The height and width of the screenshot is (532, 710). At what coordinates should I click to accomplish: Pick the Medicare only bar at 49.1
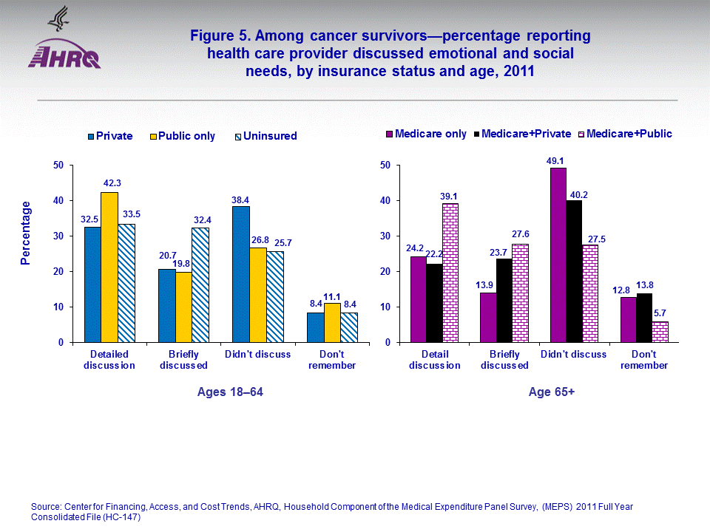(558, 255)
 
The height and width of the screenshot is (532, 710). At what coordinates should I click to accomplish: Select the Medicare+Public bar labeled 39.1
(451, 273)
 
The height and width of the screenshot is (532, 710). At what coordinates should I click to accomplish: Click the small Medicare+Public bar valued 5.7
(660, 332)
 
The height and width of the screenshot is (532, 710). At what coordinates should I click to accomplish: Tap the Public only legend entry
(184, 136)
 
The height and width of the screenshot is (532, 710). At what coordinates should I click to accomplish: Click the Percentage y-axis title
(26, 233)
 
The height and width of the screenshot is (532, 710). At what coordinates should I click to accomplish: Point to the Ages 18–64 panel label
(230, 392)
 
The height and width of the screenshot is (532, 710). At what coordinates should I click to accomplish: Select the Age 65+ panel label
(552, 392)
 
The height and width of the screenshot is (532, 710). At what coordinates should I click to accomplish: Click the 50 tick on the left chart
(58, 166)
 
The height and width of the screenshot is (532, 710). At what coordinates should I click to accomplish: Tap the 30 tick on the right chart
(384, 236)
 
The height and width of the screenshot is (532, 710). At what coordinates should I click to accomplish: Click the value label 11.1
(333, 296)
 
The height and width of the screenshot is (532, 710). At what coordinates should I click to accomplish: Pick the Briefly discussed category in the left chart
(183, 360)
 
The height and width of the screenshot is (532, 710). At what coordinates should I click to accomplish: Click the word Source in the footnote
(46, 506)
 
